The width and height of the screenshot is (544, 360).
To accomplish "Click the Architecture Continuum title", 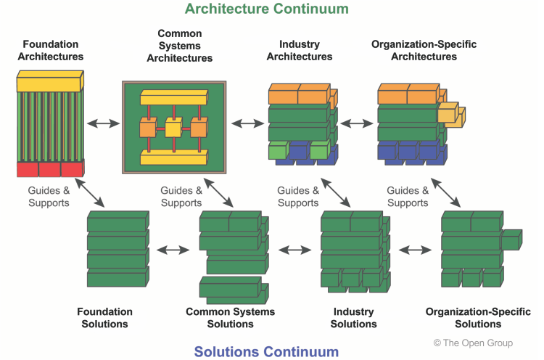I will (x=266, y=9).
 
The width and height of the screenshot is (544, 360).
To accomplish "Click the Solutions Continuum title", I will (x=266, y=352).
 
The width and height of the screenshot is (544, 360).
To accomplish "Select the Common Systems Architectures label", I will (x=180, y=45).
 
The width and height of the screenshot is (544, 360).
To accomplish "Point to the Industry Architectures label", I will (x=300, y=50).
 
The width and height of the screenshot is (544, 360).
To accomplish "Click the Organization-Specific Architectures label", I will (x=424, y=50).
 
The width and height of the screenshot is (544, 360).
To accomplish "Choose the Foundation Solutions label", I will (x=105, y=317).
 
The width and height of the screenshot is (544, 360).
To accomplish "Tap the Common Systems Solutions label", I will (x=231, y=317).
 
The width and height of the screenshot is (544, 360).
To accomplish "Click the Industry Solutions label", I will (x=354, y=317).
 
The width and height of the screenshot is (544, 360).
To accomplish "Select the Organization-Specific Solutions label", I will (x=478, y=317).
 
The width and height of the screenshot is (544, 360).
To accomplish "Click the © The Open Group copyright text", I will (x=473, y=343).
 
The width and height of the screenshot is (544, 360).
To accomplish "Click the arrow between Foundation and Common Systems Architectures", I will (x=103, y=123).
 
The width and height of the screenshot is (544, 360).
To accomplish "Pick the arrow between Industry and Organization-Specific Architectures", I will (x=356, y=123).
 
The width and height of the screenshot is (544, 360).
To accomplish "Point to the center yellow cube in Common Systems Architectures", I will (x=173, y=130).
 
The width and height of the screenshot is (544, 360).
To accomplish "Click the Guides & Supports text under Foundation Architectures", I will (x=49, y=197).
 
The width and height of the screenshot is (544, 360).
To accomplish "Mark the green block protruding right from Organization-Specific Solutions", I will (x=511, y=239).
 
